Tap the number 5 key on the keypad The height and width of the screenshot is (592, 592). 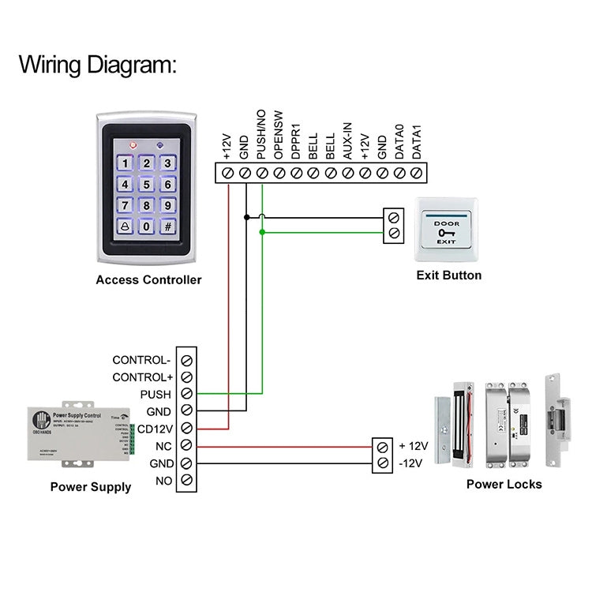coord(146,185)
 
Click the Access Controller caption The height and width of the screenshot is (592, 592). coord(148,279)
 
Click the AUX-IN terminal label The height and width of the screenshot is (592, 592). coord(347,142)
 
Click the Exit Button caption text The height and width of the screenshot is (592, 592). coord(448,275)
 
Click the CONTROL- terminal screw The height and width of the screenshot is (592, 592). coord(186,359)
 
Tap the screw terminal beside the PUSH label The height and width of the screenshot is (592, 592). coord(186,394)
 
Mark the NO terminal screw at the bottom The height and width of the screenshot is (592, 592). coord(186,480)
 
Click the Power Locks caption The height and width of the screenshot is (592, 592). coord(504,484)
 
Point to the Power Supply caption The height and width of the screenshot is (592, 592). coord(91,487)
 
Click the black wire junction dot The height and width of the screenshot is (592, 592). coord(246,216)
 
